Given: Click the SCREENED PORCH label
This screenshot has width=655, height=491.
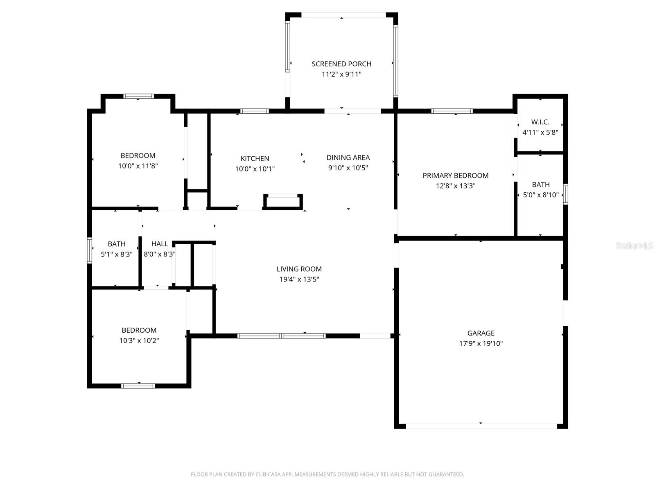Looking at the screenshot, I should (341, 64).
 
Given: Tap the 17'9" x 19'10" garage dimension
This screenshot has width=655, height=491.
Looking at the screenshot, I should (481, 344).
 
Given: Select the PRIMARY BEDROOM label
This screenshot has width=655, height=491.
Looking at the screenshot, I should (455, 176).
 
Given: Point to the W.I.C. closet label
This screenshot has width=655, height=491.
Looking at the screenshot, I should (540, 122).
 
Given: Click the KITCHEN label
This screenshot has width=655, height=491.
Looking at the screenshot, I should (255, 158).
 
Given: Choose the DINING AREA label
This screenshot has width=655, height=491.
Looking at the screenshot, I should (348, 158).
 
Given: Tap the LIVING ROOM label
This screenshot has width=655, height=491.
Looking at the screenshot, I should (299, 269).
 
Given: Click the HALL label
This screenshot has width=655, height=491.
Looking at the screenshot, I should (159, 244).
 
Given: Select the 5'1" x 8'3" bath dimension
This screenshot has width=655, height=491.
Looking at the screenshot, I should (117, 254).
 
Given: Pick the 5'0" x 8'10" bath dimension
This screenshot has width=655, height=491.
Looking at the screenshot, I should (540, 195).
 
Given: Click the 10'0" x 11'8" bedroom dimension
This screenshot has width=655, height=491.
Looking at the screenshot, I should (138, 166).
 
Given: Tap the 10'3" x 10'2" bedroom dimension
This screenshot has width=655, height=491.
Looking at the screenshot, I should (139, 340).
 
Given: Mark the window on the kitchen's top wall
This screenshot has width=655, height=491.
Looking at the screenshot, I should (254, 111).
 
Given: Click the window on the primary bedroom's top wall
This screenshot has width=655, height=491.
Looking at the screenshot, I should (452, 111).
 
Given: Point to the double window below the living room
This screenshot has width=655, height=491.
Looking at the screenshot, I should (282, 336).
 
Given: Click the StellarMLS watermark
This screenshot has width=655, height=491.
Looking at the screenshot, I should (634, 246).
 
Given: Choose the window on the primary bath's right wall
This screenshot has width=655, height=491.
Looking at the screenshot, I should (565, 194).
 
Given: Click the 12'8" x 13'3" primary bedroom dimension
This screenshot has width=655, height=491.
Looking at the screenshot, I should (455, 186).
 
